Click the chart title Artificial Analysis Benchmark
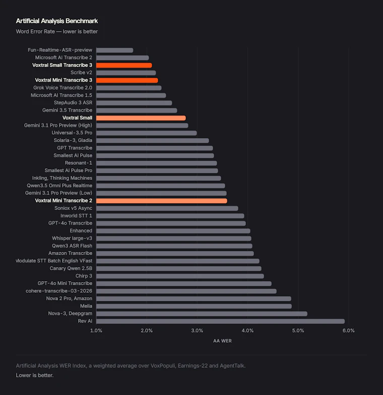click(x=56, y=21)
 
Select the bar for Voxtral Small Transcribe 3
click(x=124, y=65)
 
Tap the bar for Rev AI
click(x=221, y=321)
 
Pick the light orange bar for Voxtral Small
click(x=141, y=118)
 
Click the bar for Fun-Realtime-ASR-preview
click(x=115, y=50)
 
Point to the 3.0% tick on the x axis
click(x=197, y=331)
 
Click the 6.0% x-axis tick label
click(x=349, y=331)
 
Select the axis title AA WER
click(x=222, y=341)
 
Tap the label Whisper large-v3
click(x=72, y=238)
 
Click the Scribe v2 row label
click(x=82, y=73)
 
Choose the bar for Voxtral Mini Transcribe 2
click(x=161, y=201)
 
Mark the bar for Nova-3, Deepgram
click(x=202, y=313)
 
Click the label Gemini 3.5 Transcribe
click(x=68, y=110)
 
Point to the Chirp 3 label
click(x=84, y=276)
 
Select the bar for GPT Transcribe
click(x=154, y=148)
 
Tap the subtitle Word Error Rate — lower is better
click(x=56, y=31)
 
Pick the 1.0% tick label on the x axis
click(x=96, y=331)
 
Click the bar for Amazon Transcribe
click(x=175, y=253)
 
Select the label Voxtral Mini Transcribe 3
click(x=63, y=80)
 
